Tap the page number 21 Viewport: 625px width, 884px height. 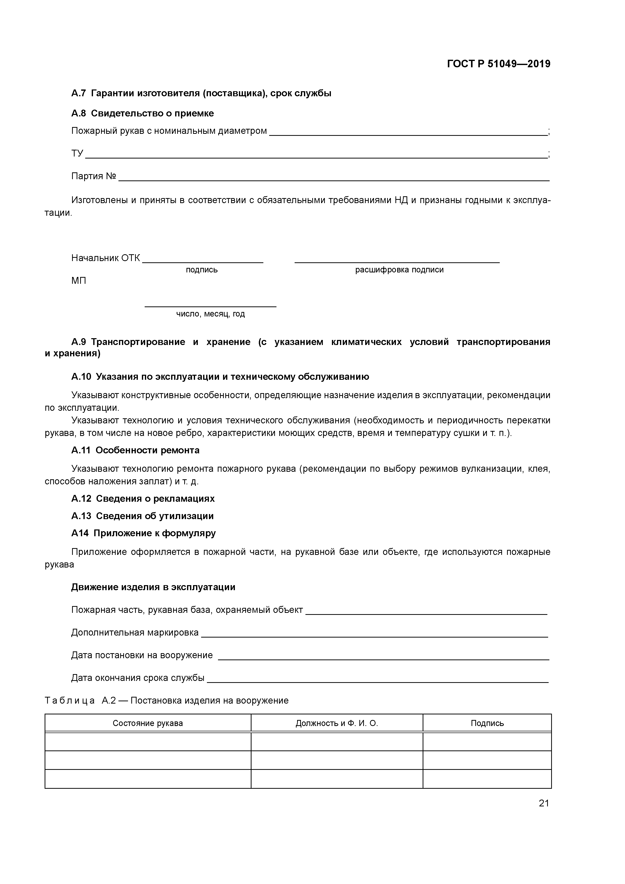pyautogui.click(x=543, y=803)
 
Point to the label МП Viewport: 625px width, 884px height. pyautogui.click(x=79, y=281)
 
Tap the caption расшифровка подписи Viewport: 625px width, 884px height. pyautogui.click(x=399, y=270)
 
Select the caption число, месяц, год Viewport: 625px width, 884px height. pyautogui.click(x=210, y=314)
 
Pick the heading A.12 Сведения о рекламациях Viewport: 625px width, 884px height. pyautogui.click(x=143, y=499)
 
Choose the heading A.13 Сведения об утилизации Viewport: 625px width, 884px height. pyautogui.click(x=142, y=516)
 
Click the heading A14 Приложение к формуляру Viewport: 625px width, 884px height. pyautogui.click(x=143, y=533)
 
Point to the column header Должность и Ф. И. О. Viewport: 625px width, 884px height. pyautogui.click(x=337, y=723)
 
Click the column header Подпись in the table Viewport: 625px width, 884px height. pyautogui.click(x=487, y=723)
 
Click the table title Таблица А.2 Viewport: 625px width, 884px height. pyautogui.click(x=166, y=700)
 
